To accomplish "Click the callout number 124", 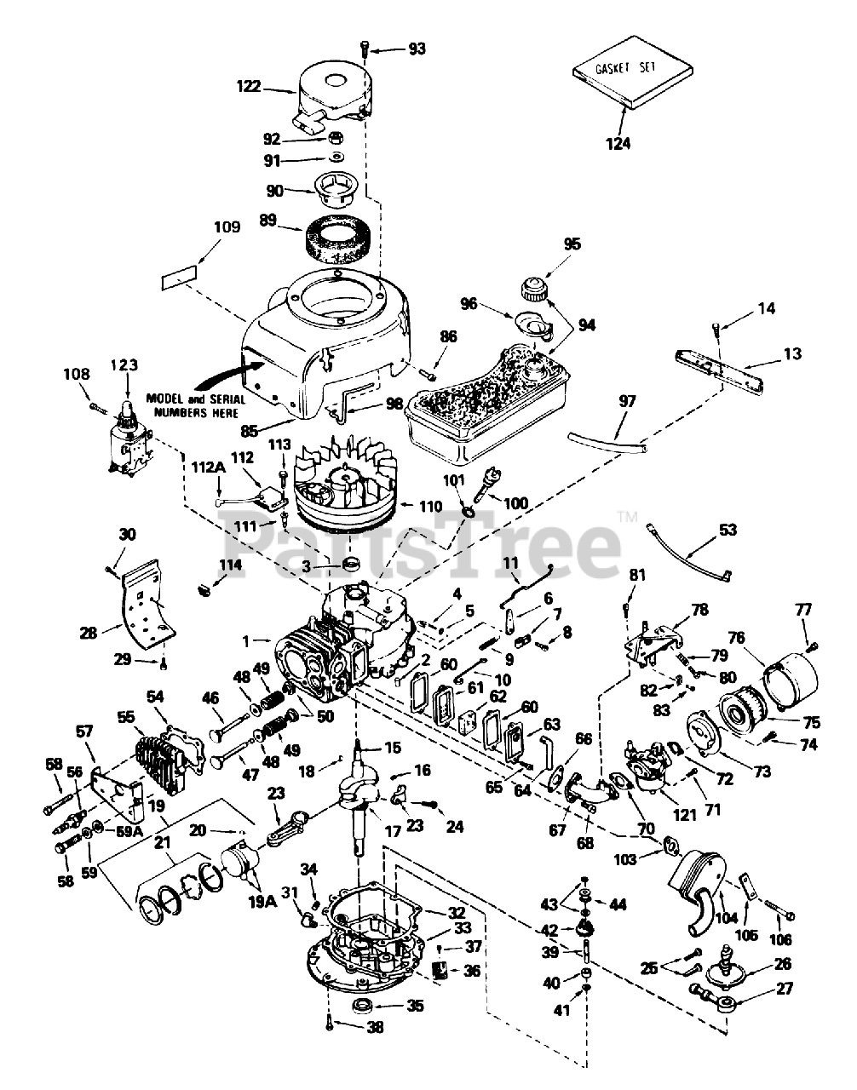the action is (618, 143).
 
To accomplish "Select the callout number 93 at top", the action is (417, 49).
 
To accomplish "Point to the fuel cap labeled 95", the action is (533, 289).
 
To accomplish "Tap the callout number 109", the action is (227, 227).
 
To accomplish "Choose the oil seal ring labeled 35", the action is (360, 1007).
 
